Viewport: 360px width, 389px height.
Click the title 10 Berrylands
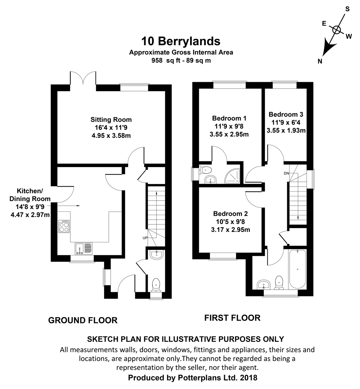tap(181, 41)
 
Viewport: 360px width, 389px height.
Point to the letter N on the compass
tap(320, 61)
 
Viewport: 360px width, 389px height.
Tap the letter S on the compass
tap(347, 9)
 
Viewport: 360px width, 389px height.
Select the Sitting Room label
tap(111, 120)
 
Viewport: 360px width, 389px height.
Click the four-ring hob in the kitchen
tap(64, 227)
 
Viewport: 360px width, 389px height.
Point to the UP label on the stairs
tap(145, 238)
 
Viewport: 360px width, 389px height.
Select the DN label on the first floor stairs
tap(286, 173)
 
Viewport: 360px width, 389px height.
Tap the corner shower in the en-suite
tap(232, 176)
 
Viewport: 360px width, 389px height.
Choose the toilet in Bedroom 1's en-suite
tap(206, 170)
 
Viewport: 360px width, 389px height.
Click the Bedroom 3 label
tap(286, 115)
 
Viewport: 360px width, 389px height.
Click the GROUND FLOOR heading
tap(83, 320)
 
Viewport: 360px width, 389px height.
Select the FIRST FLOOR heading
tap(232, 318)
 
